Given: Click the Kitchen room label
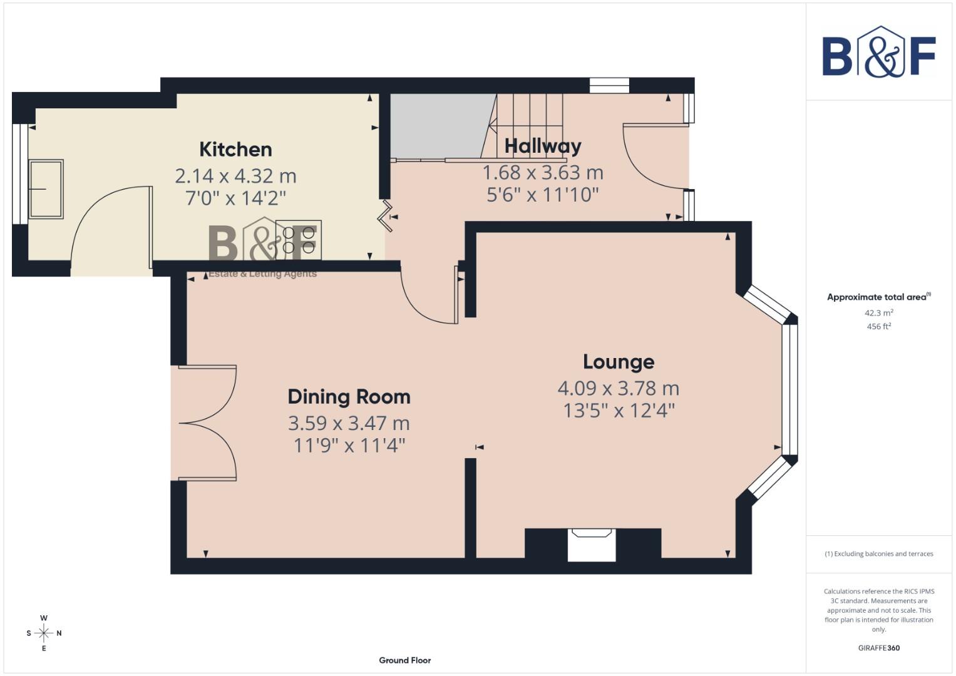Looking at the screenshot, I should [x=235, y=149].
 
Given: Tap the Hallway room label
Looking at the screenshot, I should [x=543, y=146].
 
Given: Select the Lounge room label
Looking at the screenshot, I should [x=619, y=362].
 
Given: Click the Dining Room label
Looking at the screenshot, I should [x=349, y=396].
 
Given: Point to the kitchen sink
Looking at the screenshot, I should [x=46, y=189].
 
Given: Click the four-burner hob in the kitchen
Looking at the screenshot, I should [x=299, y=240].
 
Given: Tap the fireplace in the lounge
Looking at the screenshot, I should [x=592, y=544].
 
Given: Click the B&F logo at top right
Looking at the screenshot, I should [x=878, y=54].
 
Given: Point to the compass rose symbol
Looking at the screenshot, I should [x=44, y=633].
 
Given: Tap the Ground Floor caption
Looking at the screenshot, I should [x=404, y=660].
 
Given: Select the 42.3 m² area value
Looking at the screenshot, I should [x=878, y=313].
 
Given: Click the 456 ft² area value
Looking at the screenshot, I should [x=878, y=327].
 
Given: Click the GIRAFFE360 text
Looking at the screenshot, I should [x=878, y=648].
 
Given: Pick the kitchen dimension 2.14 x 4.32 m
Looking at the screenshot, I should [x=235, y=176].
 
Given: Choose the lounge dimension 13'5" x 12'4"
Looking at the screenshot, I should [x=619, y=411].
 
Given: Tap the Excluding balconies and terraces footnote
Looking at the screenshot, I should [x=878, y=554].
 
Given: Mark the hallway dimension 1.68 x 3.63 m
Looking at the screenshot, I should [x=543, y=172].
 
